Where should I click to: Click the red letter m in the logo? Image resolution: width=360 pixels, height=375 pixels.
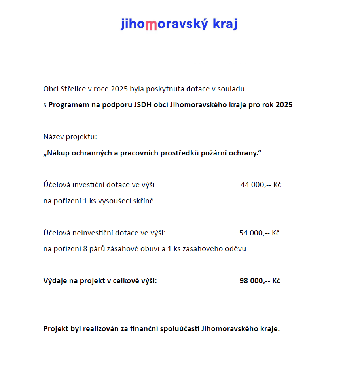click(151, 25)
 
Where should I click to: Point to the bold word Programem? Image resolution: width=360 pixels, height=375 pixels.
click(68, 105)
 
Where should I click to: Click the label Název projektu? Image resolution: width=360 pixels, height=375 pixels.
click(70, 137)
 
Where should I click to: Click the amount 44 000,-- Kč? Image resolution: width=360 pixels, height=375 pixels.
click(261, 185)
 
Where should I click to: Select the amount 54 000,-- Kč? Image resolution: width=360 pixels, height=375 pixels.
click(260, 233)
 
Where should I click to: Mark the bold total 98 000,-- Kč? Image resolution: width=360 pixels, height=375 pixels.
click(260, 281)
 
